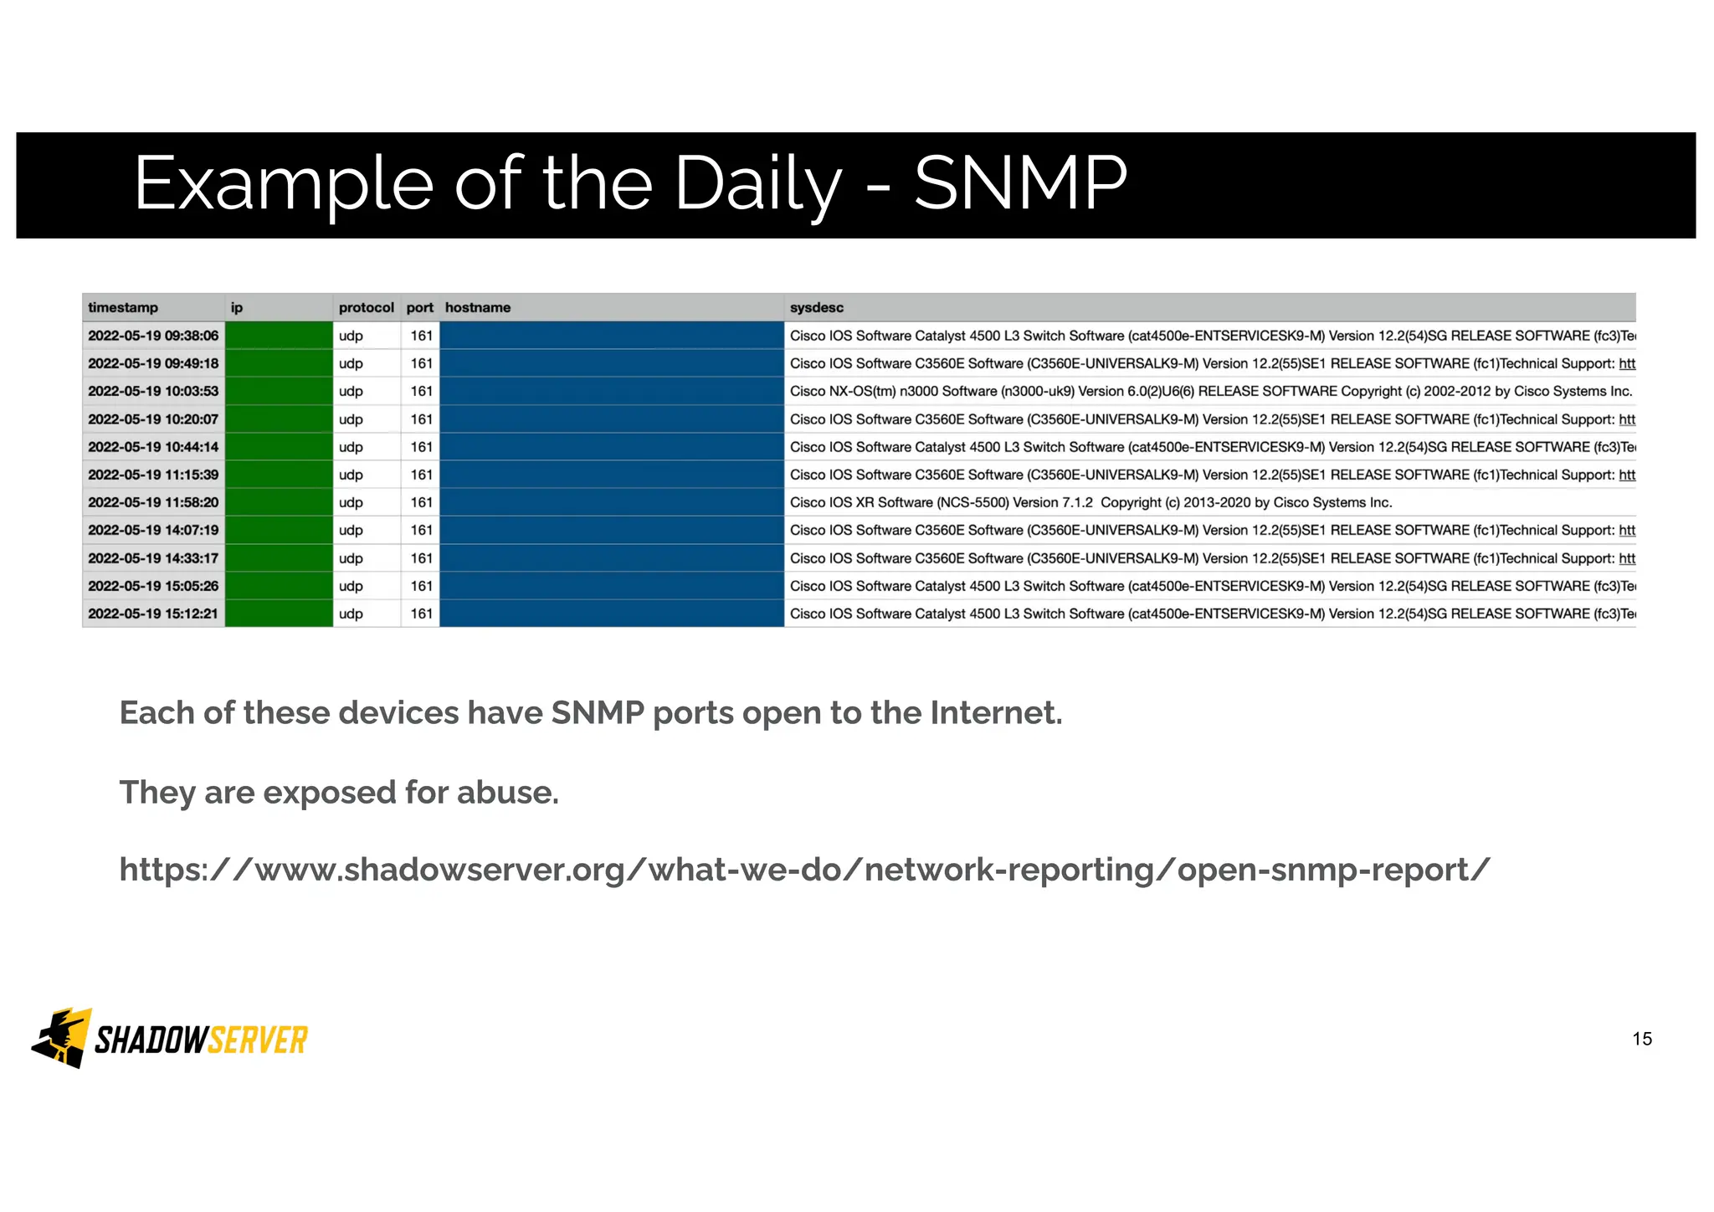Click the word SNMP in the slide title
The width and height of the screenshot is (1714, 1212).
pos(1020,182)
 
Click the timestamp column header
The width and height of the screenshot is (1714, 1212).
pos(123,307)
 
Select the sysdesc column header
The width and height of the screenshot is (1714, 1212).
pos(816,307)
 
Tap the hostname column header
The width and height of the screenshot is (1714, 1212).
pos(477,307)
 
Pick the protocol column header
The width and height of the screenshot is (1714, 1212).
pos(366,307)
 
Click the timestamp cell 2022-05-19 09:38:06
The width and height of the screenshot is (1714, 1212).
pos(153,336)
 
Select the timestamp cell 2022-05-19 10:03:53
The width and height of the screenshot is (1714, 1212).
pos(153,391)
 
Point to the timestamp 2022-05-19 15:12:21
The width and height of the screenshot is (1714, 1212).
pos(153,614)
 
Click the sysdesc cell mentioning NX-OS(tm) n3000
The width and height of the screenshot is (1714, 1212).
pos(1210,391)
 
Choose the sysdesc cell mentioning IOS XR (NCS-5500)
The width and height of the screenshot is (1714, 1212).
pos(1090,502)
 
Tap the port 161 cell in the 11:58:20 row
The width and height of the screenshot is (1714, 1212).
pos(421,502)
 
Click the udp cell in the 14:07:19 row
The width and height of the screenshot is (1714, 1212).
pos(351,530)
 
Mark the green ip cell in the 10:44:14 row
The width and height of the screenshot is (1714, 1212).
pos(279,447)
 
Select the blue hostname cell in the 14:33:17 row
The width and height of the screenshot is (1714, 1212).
pos(611,558)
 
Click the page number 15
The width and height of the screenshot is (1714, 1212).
pos(1642,1039)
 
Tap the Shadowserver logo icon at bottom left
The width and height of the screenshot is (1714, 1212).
pos(61,1038)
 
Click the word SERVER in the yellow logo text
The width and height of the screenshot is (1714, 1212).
pos(258,1040)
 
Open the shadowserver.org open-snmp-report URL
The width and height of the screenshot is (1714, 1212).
pos(804,870)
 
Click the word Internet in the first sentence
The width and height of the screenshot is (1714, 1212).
pos(996,713)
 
